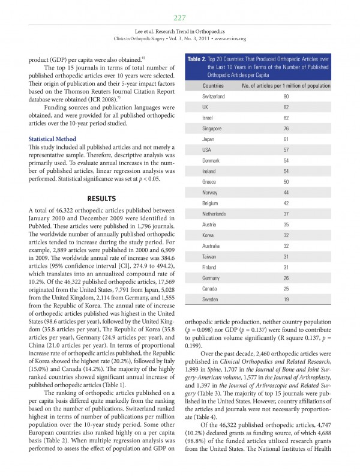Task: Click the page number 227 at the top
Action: (x=180, y=17)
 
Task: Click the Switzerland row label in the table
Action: (x=214, y=96)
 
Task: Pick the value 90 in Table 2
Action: (x=286, y=96)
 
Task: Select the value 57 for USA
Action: (x=286, y=149)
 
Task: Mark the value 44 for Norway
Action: (x=286, y=192)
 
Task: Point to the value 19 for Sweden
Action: (x=286, y=299)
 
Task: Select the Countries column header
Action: (x=214, y=86)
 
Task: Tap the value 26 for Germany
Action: (x=286, y=277)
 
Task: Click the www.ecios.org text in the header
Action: (x=230, y=39)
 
